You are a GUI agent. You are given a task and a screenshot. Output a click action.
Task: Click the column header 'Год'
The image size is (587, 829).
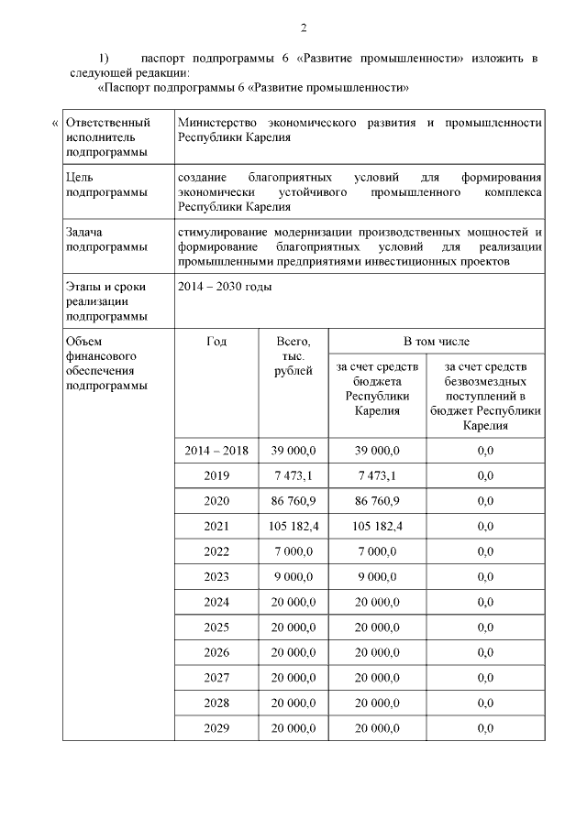coord(216,341)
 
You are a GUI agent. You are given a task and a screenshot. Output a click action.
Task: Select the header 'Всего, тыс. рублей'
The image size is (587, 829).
coord(293,355)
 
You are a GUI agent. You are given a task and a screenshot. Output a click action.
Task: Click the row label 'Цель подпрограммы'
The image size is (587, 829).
coord(106,184)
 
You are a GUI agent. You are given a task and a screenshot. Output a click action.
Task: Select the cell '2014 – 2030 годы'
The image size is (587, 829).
coord(225,286)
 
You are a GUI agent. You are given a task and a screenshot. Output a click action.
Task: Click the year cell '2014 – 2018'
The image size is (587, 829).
coord(216,450)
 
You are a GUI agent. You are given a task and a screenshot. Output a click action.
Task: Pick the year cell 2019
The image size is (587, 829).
coord(216,475)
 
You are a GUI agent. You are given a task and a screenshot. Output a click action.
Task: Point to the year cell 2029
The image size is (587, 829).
coord(216,727)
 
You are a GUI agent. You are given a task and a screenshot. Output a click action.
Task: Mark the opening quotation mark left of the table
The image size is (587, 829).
coord(54,123)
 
